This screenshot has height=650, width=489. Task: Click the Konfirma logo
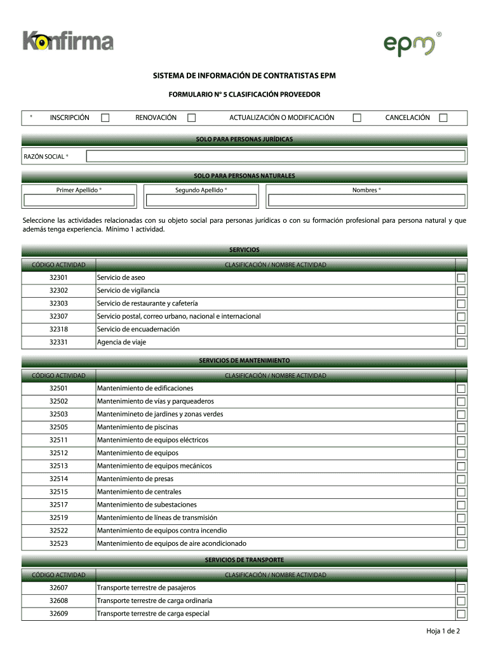point(68,42)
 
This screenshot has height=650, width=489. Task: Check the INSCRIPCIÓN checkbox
point(105,117)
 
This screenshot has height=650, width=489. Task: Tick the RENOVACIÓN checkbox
point(192,117)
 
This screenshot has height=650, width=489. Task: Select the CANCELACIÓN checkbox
point(443,117)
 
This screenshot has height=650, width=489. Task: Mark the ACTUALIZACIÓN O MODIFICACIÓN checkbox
point(357,117)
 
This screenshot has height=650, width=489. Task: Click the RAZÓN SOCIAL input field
point(276,156)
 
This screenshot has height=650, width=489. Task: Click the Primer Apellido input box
point(79,201)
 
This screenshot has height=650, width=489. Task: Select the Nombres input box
point(367,201)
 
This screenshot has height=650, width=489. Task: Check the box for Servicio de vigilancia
point(461,291)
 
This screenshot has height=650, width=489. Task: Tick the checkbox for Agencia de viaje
point(461,342)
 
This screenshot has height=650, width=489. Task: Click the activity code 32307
point(58,316)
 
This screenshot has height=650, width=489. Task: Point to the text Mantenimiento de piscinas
point(137,427)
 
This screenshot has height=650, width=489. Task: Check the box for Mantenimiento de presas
point(461,479)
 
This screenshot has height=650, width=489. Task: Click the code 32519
point(58,517)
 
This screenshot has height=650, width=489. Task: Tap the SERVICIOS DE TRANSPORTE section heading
point(245,560)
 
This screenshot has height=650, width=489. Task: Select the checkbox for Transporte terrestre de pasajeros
point(461,588)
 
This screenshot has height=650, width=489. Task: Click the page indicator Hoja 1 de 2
point(443,631)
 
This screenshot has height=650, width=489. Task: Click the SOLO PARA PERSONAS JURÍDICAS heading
point(245,139)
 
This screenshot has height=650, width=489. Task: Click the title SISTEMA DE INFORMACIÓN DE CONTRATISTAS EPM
point(245,77)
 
